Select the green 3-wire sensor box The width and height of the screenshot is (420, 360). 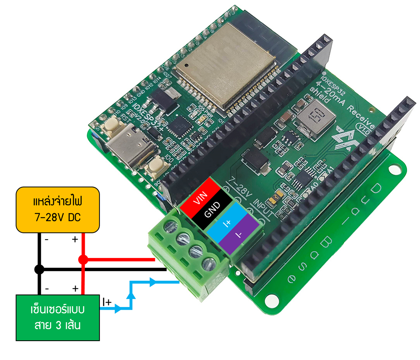(58, 317)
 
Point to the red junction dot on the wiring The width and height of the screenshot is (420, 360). (83, 260)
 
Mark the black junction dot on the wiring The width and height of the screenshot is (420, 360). (39, 269)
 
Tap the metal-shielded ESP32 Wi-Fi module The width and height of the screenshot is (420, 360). (225, 67)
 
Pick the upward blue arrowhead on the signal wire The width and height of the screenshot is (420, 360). (132, 296)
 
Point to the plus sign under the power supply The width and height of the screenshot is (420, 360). (75, 240)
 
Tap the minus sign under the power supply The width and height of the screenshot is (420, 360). (46, 240)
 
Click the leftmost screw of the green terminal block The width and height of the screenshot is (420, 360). (171, 227)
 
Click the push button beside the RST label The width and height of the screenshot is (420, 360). (111, 123)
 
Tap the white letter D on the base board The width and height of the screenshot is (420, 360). (377, 191)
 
